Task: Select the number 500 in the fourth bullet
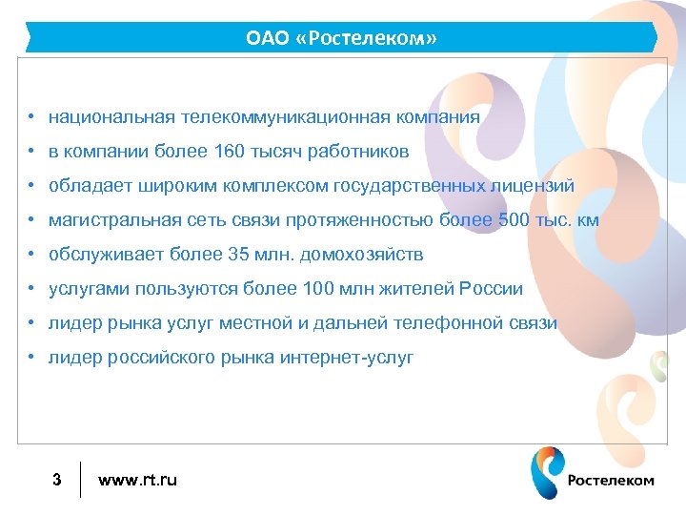(x=514, y=220)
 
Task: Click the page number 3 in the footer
(x=57, y=480)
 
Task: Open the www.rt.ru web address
(x=138, y=480)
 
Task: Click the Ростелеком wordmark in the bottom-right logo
(x=611, y=480)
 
